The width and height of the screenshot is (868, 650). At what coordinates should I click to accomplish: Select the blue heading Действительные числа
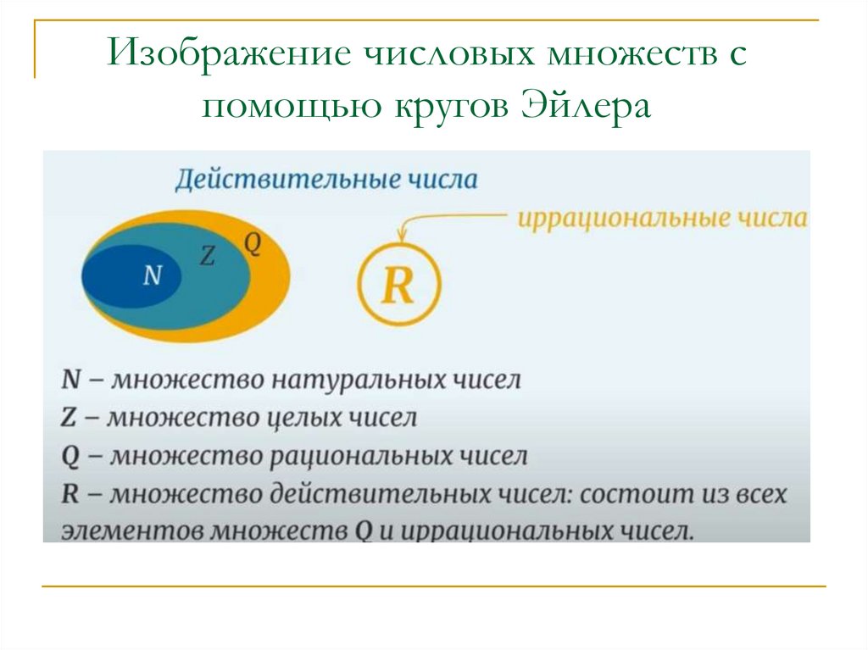coord(326,180)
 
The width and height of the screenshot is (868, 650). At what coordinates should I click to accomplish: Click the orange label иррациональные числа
coord(662,218)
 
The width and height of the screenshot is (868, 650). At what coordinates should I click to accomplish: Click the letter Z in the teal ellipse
coord(206,256)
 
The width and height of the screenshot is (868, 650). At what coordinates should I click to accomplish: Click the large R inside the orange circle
coord(398,286)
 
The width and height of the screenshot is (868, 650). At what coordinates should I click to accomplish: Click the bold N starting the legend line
coord(71,379)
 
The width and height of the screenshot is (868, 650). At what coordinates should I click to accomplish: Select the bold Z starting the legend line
coord(70,418)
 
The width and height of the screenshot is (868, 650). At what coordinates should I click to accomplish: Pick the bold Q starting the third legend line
coord(71,457)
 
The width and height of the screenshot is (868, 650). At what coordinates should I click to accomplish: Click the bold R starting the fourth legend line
coord(70,494)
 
